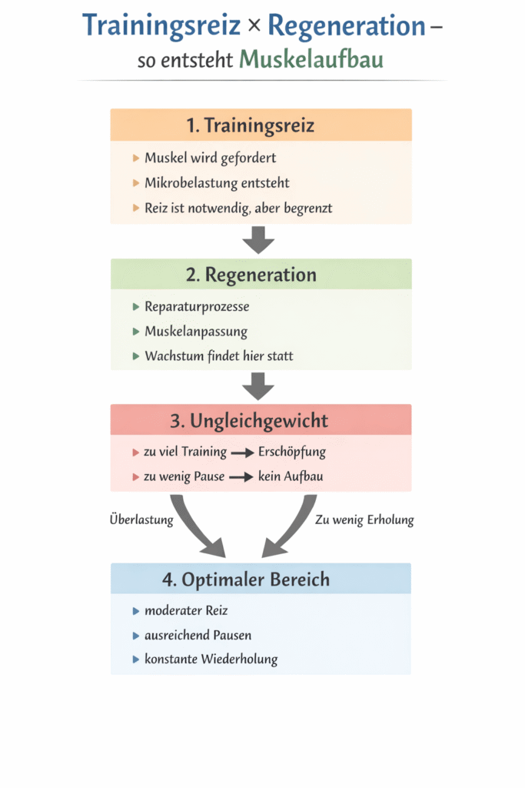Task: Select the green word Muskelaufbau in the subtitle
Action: [311, 59]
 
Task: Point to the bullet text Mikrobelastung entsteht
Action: [217, 183]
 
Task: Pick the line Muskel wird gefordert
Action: [210, 158]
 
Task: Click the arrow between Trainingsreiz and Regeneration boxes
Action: [258, 239]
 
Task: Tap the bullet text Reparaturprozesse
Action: [197, 306]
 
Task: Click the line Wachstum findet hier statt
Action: [218, 356]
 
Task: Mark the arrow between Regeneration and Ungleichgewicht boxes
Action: [258, 386]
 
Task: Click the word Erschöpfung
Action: [292, 452]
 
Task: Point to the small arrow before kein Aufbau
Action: [241, 477]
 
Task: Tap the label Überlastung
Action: [141, 519]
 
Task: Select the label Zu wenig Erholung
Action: [364, 519]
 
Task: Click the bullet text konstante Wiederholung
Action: [211, 659]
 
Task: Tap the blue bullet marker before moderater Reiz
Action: [135, 611]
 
